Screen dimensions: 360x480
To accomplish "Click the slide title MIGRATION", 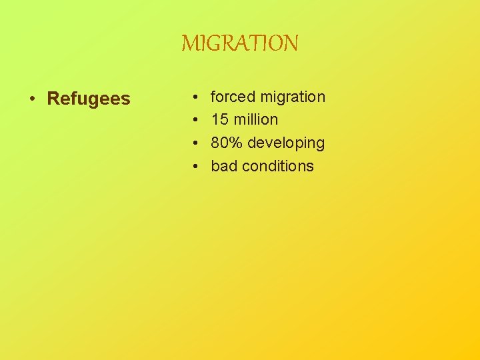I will pos(240,44).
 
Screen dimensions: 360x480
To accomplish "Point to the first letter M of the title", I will pos(189,44).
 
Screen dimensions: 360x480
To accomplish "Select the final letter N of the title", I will pos(291,44).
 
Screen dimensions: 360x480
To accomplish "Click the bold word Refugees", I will pos(89,99).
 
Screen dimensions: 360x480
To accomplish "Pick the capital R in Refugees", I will pos(53,99).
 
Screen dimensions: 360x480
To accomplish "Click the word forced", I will pos(233,97).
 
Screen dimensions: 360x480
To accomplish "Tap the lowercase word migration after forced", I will pos(293,97).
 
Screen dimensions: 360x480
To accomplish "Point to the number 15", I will pos(219,120).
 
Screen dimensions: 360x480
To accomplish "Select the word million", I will pos(256,120).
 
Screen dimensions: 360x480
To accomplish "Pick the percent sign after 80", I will pos(235,143).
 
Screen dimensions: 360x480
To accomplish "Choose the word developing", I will pos(285,143).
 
